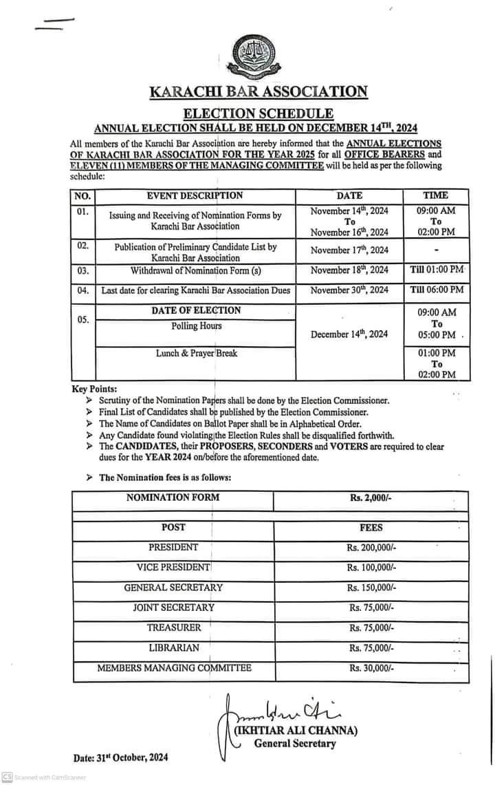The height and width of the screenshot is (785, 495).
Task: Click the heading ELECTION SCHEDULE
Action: coord(258,114)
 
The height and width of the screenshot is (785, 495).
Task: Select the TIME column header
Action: coord(436,195)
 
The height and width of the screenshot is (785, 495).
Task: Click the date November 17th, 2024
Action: coord(349,250)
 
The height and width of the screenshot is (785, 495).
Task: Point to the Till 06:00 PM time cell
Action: coord(437,290)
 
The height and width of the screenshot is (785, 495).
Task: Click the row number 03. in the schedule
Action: coord(82,270)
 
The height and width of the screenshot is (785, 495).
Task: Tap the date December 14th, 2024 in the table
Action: coord(349,334)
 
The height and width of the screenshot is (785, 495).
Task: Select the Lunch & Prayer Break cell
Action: coord(196,353)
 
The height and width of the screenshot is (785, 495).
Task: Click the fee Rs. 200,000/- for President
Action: coord(371,548)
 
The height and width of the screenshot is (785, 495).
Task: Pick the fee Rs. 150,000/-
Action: coord(371,588)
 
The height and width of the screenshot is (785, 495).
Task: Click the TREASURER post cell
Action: coord(173,627)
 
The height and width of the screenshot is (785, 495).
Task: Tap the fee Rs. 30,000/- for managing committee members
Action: coord(371,668)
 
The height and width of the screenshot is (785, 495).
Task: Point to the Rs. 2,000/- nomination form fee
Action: coord(371,497)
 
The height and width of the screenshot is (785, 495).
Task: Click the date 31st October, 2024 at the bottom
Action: coord(120,758)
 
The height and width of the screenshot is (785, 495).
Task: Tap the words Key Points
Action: coord(94,389)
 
